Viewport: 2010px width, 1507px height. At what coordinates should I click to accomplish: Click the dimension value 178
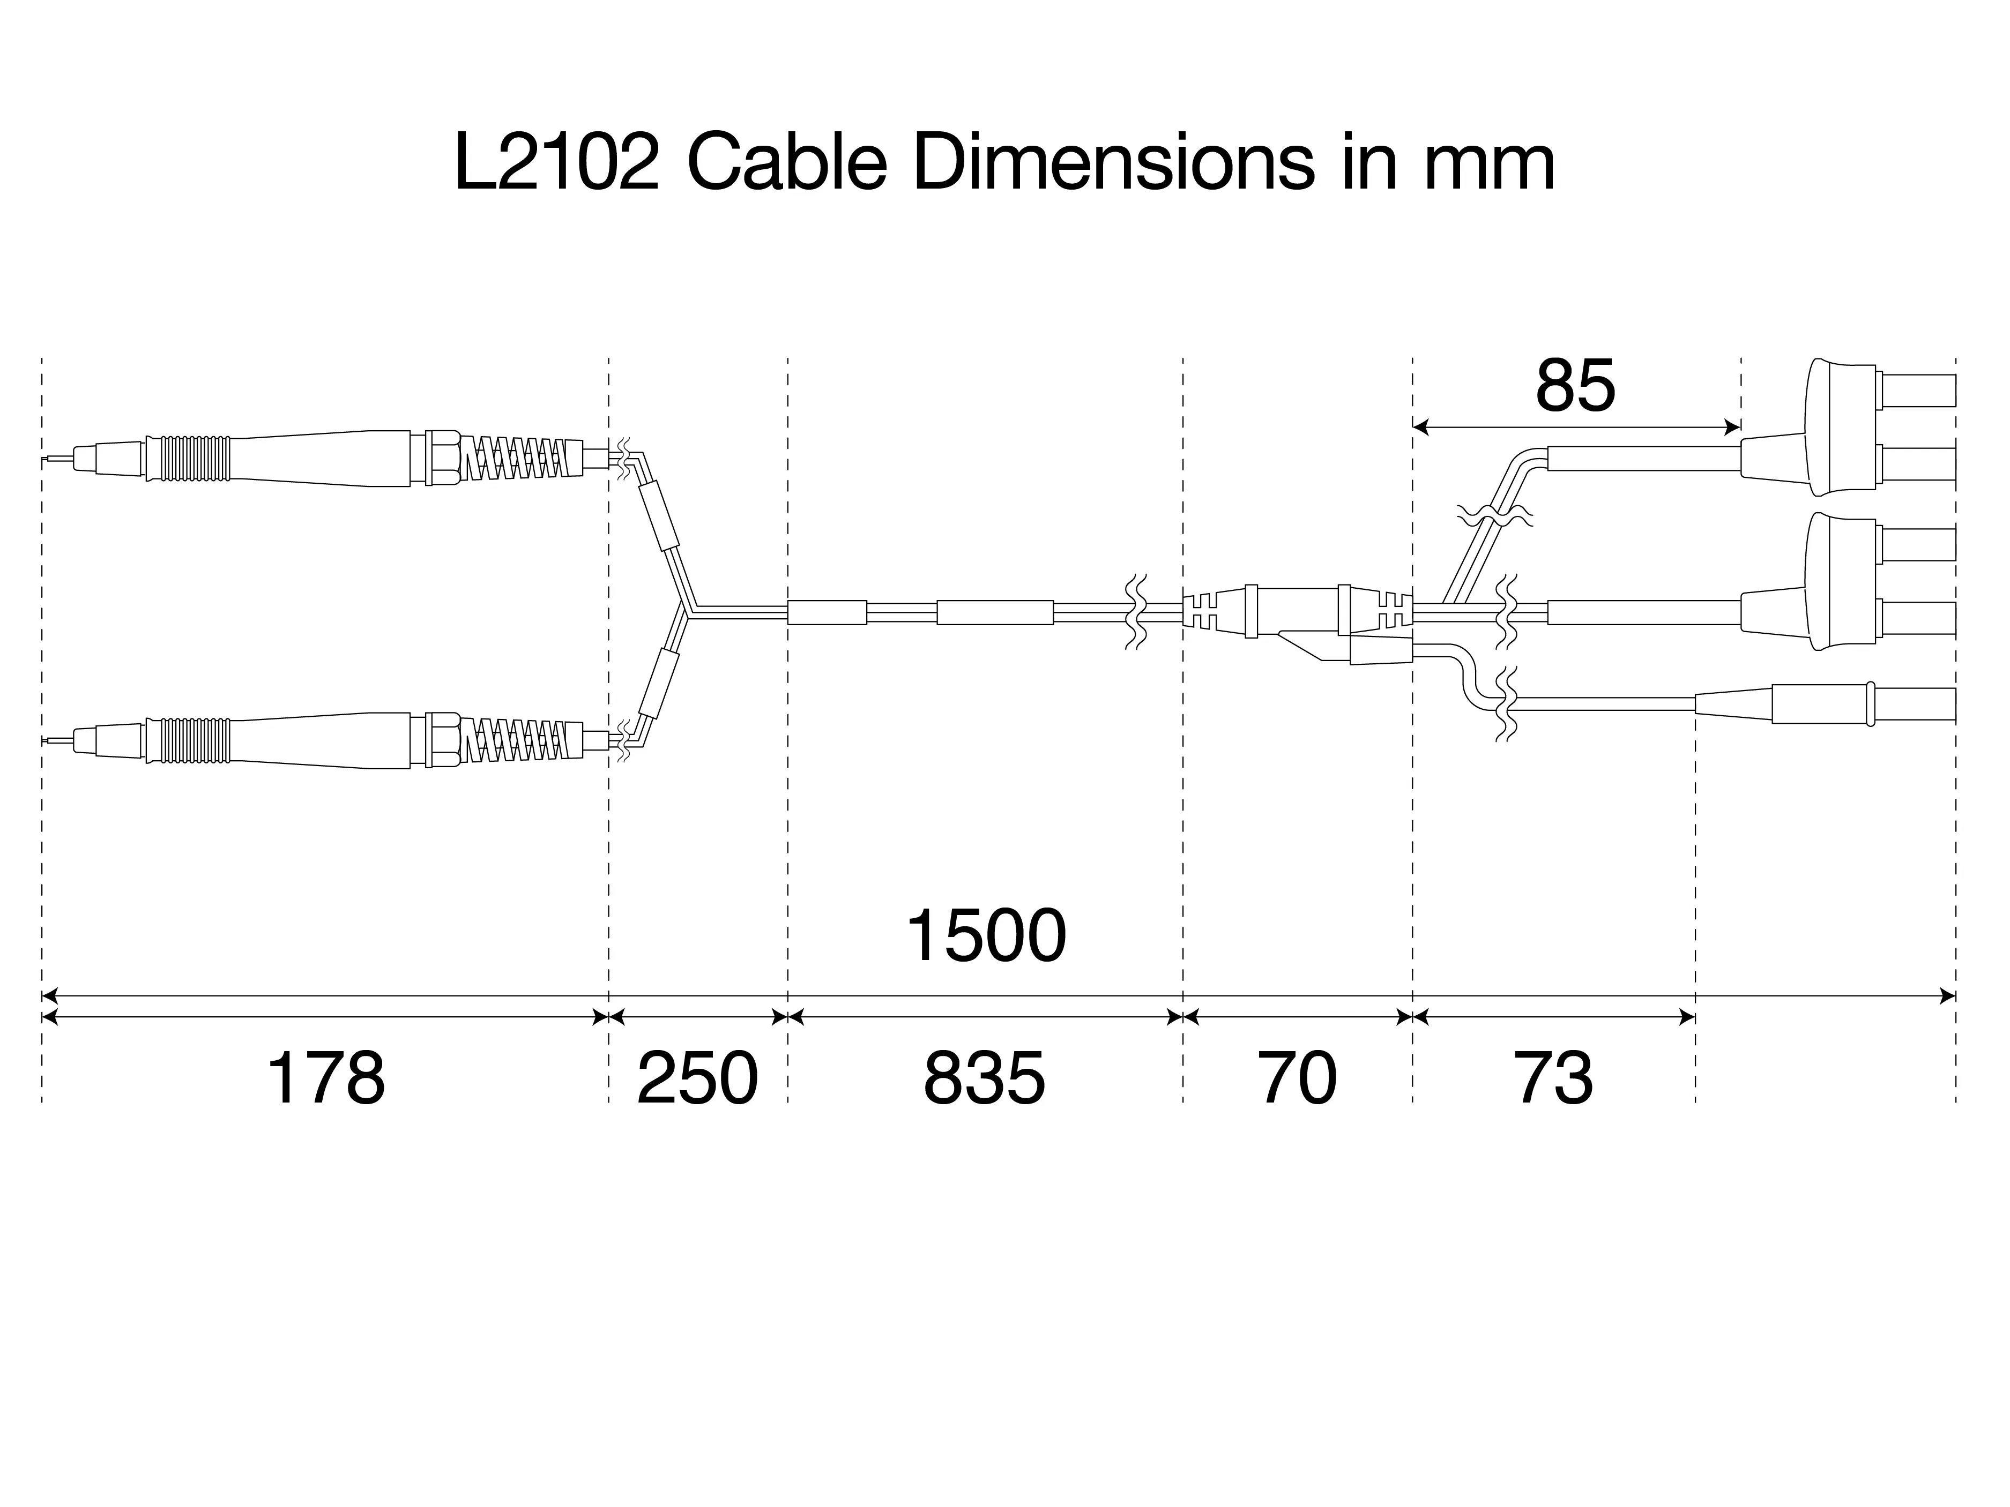(x=325, y=1079)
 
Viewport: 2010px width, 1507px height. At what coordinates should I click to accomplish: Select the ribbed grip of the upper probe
(x=189, y=459)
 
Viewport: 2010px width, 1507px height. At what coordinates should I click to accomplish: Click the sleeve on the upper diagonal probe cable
(x=659, y=516)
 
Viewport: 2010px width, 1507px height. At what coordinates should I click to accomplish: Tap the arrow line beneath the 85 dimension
(x=1576, y=426)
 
